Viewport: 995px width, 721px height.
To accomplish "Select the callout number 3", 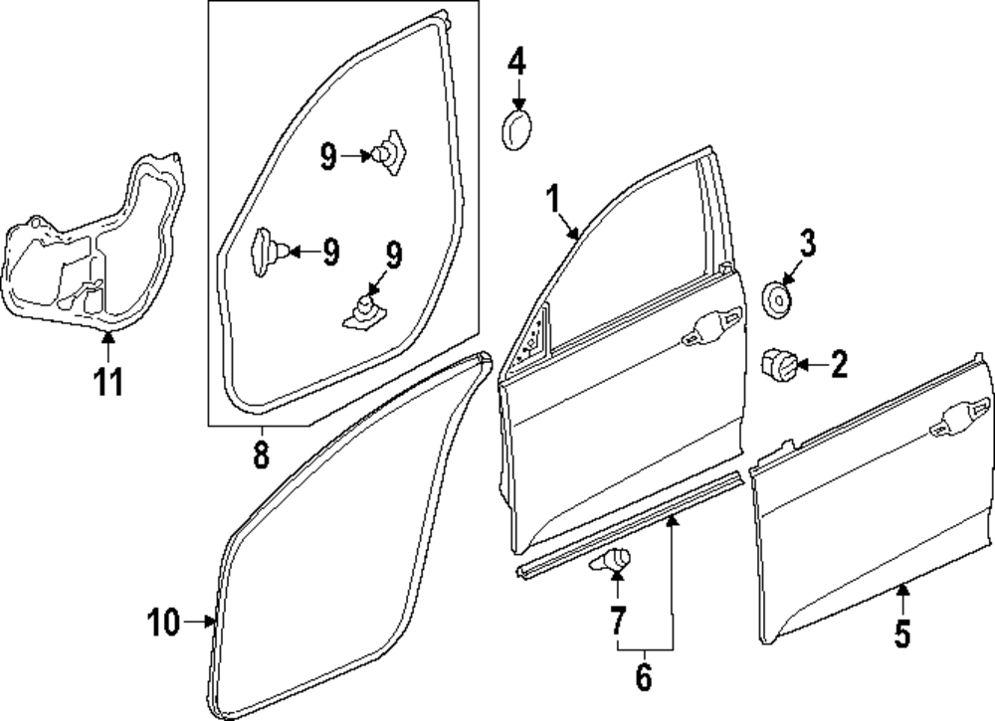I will (808, 242).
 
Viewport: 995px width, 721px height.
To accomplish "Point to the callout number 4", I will (516, 62).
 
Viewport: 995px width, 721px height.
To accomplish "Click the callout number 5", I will (901, 633).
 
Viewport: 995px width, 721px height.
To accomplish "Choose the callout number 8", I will (260, 455).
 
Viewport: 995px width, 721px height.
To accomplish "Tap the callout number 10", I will (164, 624).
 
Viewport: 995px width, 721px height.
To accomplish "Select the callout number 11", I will (109, 380).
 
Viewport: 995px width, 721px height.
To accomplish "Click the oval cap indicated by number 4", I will (516, 130).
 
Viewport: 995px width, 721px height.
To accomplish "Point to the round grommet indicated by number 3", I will (777, 297).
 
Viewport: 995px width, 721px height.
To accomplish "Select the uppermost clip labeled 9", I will (387, 152).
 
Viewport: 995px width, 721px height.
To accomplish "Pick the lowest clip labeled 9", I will (365, 308).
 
